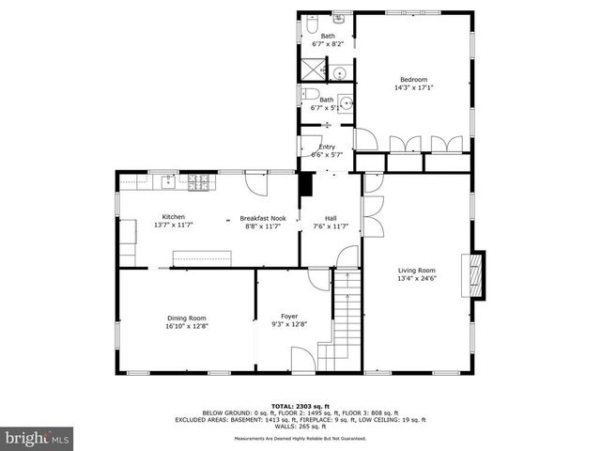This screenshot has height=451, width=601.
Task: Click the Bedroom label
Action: point(413,79)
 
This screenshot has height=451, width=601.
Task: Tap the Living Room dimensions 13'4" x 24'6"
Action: point(417,278)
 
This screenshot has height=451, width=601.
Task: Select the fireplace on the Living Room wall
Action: point(477,274)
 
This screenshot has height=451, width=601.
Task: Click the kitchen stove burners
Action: point(198,183)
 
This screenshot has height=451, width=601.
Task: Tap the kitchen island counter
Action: point(201,258)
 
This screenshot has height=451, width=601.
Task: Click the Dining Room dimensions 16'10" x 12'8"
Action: point(186,326)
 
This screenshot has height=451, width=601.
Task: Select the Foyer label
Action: point(289,317)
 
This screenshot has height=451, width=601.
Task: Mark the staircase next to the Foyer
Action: point(343,319)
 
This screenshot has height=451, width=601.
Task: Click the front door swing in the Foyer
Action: point(303,360)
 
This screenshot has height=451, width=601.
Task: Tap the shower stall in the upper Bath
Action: point(312,68)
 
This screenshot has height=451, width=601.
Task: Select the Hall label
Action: point(331,217)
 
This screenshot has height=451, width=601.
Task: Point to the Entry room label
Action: point(327,147)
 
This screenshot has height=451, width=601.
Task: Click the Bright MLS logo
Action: point(38,438)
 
